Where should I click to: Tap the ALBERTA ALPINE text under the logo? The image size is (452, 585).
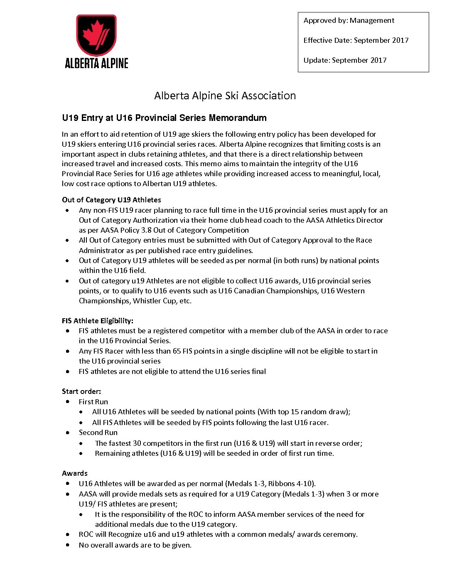(x=96, y=63)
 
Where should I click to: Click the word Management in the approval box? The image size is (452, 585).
(x=372, y=20)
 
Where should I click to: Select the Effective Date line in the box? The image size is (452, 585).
(x=356, y=40)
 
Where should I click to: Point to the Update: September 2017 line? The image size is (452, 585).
(x=345, y=60)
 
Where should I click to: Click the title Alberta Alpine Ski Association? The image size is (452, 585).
(x=225, y=96)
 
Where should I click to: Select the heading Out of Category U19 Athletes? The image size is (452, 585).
(x=111, y=200)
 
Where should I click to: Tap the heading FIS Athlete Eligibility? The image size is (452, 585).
(x=97, y=321)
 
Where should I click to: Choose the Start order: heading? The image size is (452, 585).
(x=81, y=391)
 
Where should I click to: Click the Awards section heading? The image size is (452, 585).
(x=75, y=473)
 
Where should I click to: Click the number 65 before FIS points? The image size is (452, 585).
(x=177, y=351)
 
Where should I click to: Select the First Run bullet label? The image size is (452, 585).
(x=93, y=402)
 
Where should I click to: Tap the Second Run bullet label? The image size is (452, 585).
(x=98, y=433)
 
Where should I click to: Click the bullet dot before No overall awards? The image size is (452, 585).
(x=67, y=545)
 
